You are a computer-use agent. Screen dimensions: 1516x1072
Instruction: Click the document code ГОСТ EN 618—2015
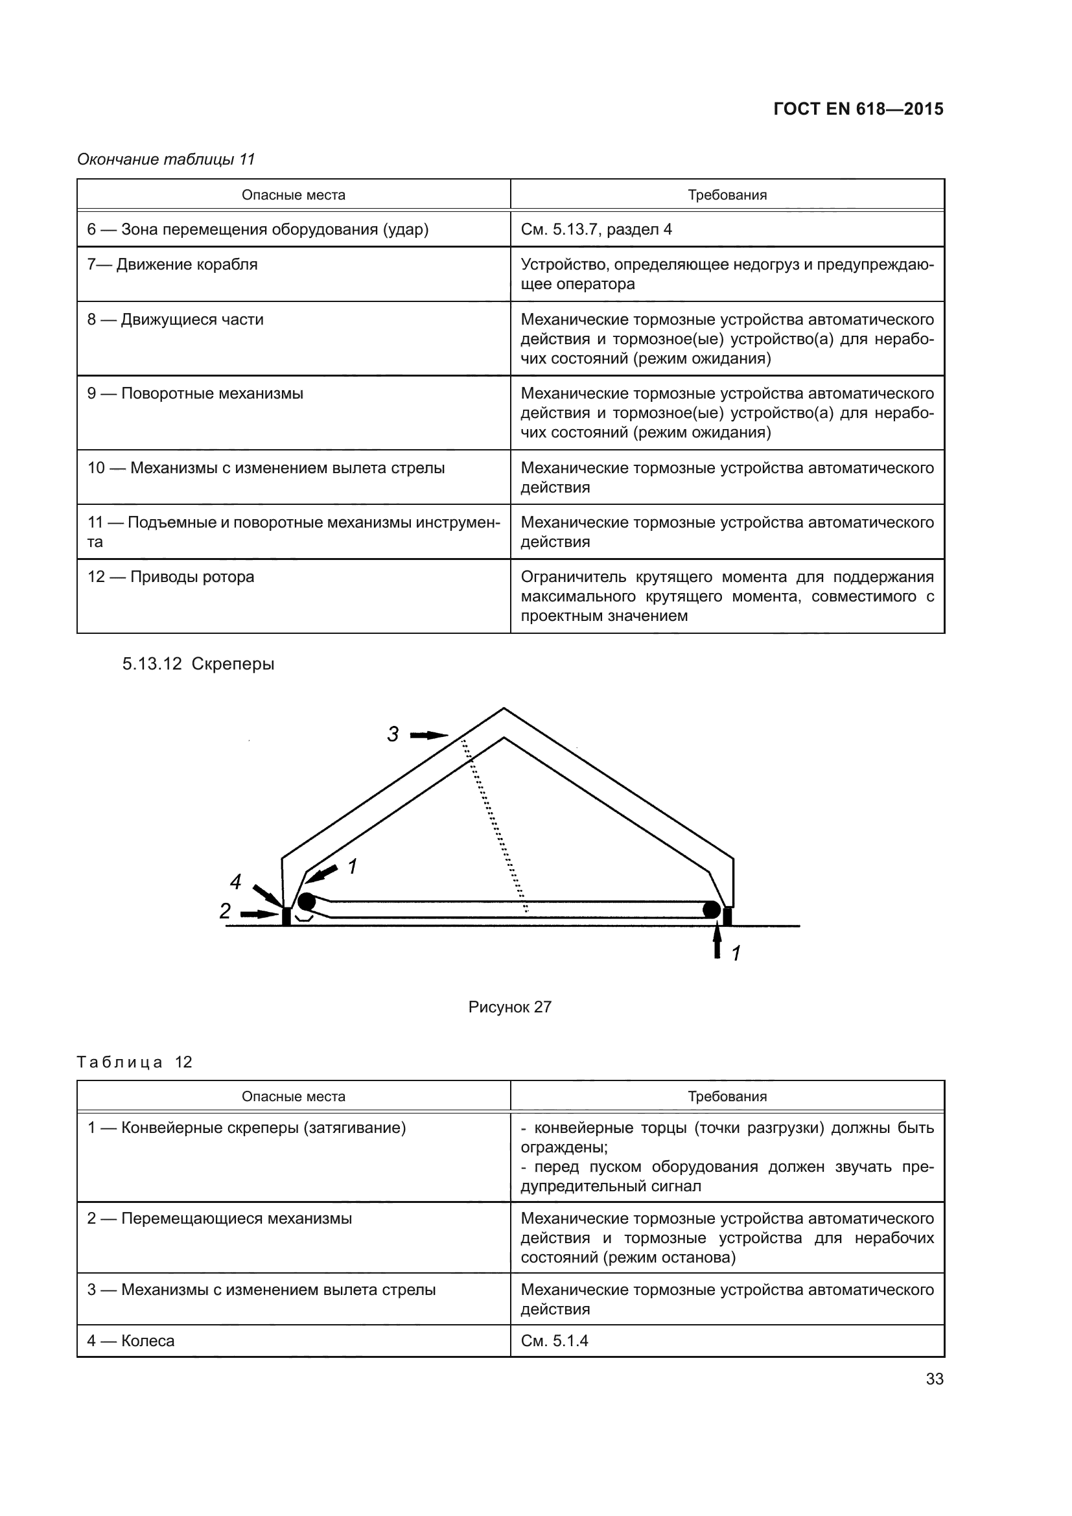tap(857, 109)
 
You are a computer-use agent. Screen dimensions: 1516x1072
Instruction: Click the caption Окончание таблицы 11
tap(166, 159)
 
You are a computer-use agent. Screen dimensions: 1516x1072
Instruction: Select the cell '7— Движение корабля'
tap(172, 265)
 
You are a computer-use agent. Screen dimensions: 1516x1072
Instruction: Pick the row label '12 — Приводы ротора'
tap(171, 576)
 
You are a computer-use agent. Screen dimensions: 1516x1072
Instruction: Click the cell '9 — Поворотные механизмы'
tap(195, 393)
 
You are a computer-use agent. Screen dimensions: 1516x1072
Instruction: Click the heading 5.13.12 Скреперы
tap(198, 664)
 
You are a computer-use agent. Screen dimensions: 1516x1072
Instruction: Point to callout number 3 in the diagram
tap(393, 734)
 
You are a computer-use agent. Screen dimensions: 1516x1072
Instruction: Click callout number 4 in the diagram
tap(236, 881)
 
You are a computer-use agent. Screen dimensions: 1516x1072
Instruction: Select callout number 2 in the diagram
tap(225, 911)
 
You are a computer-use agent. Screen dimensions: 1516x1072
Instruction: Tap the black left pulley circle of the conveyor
tap(307, 902)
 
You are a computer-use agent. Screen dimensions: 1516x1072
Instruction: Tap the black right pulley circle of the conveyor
tap(711, 910)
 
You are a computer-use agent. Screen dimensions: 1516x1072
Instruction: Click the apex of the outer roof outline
tap(504, 709)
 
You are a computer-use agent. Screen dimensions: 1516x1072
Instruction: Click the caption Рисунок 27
tap(509, 1007)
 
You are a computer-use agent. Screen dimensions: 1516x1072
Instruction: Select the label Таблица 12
tap(135, 1062)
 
